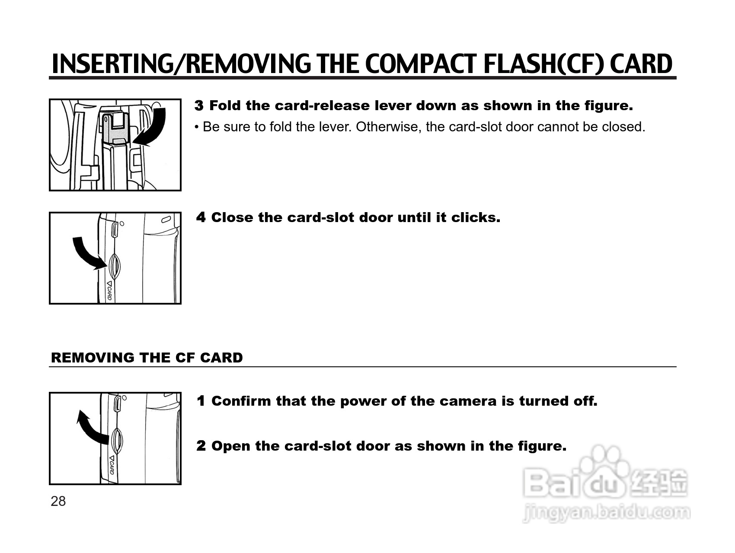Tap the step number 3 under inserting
pyautogui.click(x=199, y=105)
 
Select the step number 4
pyautogui.click(x=201, y=217)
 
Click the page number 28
pyautogui.click(x=58, y=501)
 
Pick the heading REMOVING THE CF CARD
pyautogui.click(x=147, y=358)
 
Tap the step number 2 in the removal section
pyautogui.click(x=201, y=446)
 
